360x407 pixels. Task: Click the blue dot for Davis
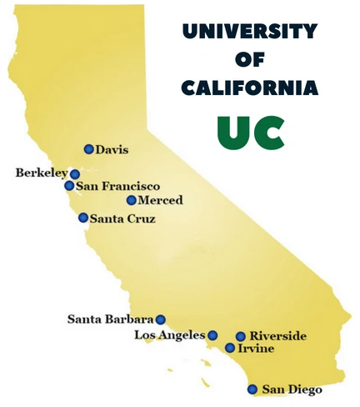pos(88,149)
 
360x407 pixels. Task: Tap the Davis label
pos(112,150)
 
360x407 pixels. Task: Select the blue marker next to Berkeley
pos(74,174)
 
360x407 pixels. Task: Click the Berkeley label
pos(42,173)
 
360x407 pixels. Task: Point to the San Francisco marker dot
pos(69,186)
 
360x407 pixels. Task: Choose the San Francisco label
pos(117,187)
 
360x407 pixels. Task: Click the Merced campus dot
pos(131,200)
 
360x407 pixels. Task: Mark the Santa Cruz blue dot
pos(83,218)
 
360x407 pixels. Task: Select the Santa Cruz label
pos(122,219)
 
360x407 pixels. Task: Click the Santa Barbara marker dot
pos(160,319)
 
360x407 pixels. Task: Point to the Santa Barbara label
pos(110,319)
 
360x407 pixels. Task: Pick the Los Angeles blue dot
pos(212,335)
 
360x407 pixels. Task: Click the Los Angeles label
pos(169,335)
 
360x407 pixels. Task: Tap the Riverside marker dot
pos(240,336)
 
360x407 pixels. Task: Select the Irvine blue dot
pos(230,348)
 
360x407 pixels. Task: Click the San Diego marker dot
pos(252,389)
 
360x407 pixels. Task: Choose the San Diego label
pos(292,389)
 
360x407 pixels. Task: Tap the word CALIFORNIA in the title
pos(250,88)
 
